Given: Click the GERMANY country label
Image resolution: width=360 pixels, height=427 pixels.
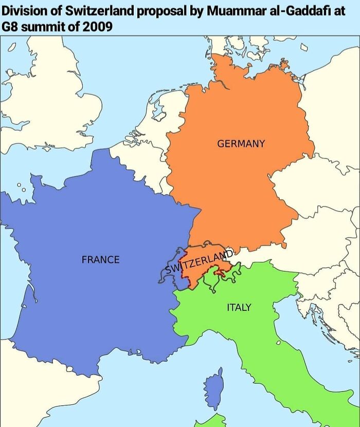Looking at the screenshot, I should coord(241,144).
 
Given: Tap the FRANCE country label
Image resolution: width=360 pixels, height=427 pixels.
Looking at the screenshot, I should coord(100,260).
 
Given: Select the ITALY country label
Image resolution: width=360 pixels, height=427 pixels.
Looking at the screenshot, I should coord(239,307).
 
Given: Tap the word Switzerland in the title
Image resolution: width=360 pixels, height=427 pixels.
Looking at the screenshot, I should coord(99,12).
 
